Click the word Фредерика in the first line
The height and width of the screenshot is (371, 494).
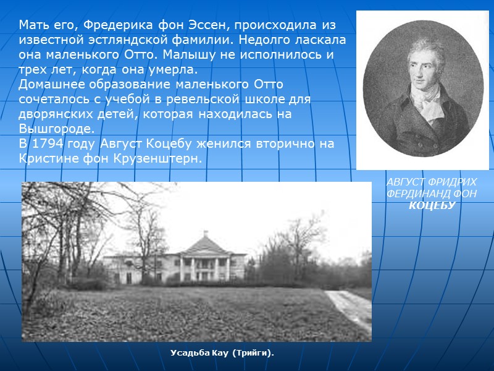pos(112,25)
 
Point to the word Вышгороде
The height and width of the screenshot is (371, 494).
pos(57,129)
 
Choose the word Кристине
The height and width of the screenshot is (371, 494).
pos(47,159)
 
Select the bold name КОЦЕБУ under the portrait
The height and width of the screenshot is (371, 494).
pos(432,205)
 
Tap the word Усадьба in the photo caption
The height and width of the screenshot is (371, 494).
pos(190,353)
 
